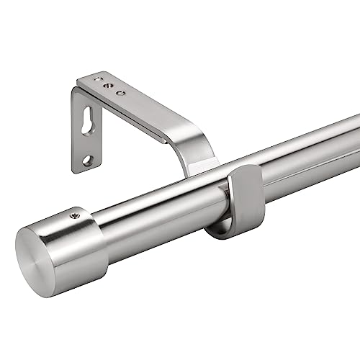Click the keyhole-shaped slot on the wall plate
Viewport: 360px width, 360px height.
(x=88, y=122)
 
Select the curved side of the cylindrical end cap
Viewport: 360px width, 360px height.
(x=83, y=238)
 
